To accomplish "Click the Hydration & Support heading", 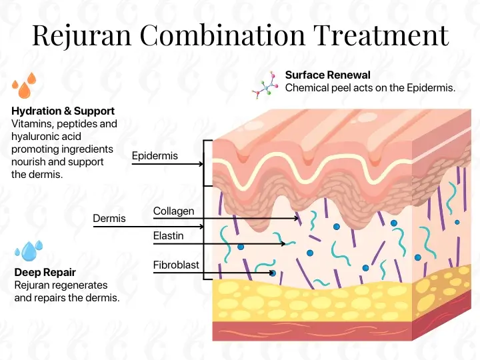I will coord(63,111).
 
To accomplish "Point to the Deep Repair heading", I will coord(45,272).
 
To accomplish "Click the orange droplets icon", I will coord(25,85).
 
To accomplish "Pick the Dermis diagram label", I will coord(109,218).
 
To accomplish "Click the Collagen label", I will coord(174,211).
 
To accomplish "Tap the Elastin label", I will coord(169,235).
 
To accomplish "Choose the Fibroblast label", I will coord(176,265).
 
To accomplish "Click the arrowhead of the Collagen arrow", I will coord(297,218).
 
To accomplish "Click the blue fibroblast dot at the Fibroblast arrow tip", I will coord(273,273).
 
